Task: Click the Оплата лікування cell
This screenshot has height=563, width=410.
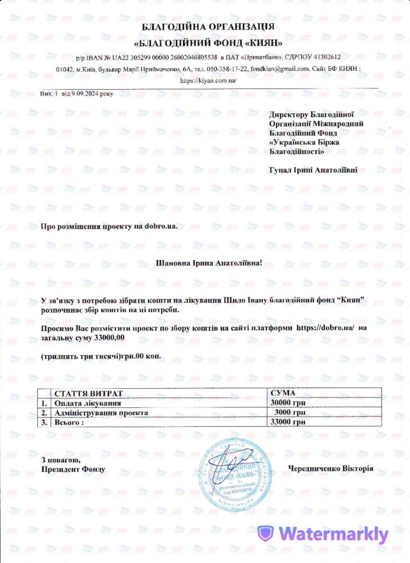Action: tap(84, 402)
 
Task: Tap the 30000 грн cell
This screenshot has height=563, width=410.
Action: tap(289, 402)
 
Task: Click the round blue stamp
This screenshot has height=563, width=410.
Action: tap(235, 471)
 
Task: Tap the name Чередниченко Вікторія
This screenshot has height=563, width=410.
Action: tap(330, 468)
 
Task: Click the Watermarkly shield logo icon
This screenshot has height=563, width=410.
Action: tap(266, 534)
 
